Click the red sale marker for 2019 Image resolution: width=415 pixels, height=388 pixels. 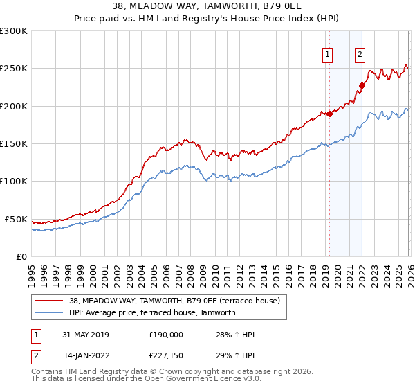329,114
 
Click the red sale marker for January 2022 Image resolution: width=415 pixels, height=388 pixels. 361,86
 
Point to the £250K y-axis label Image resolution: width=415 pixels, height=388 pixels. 14,69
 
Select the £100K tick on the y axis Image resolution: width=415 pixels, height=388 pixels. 14,181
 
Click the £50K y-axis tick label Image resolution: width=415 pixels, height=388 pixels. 17,219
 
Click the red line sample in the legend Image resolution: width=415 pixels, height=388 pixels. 48,301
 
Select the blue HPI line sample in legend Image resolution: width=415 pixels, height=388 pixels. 48,312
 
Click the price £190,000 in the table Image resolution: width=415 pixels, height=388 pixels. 166,335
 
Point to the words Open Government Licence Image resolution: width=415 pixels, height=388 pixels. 186,379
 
